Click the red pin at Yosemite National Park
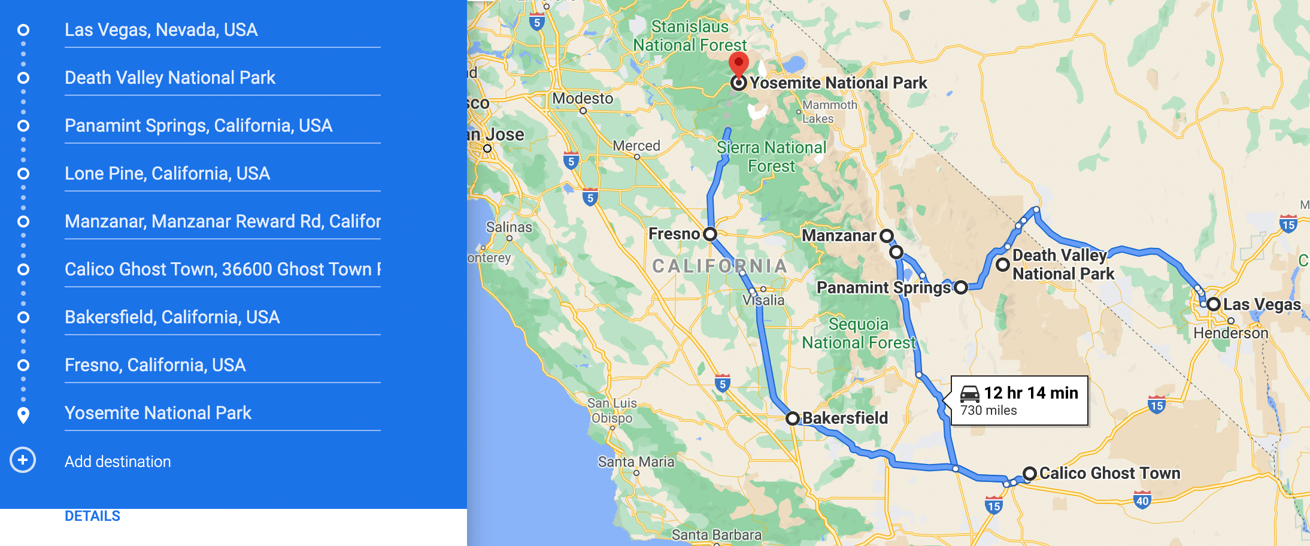(x=738, y=63)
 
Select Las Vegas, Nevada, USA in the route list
(x=161, y=30)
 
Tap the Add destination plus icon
(x=23, y=460)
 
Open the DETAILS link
(x=92, y=516)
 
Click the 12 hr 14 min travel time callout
(x=1019, y=401)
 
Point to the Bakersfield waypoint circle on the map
(x=792, y=418)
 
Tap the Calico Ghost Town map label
(x=1109, y=473)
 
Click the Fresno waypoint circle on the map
(x=710, y=234)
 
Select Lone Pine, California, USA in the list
(x=167, y=174)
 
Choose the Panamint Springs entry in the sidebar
(x=198, y=126)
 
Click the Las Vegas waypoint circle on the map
(x=1214, y=304)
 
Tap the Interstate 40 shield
(x=1142, y=500)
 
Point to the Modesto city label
(x=583, y=98)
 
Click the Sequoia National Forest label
(x=859, y=333)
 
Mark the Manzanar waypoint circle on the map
(x=887, y=236)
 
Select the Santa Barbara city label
(x=716, y=535)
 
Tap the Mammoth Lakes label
(x=830, y=111)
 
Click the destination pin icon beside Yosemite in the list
(x=23, y=414)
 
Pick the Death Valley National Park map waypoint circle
(x=1003, y=264)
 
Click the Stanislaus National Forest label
(x=690, y=36)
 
